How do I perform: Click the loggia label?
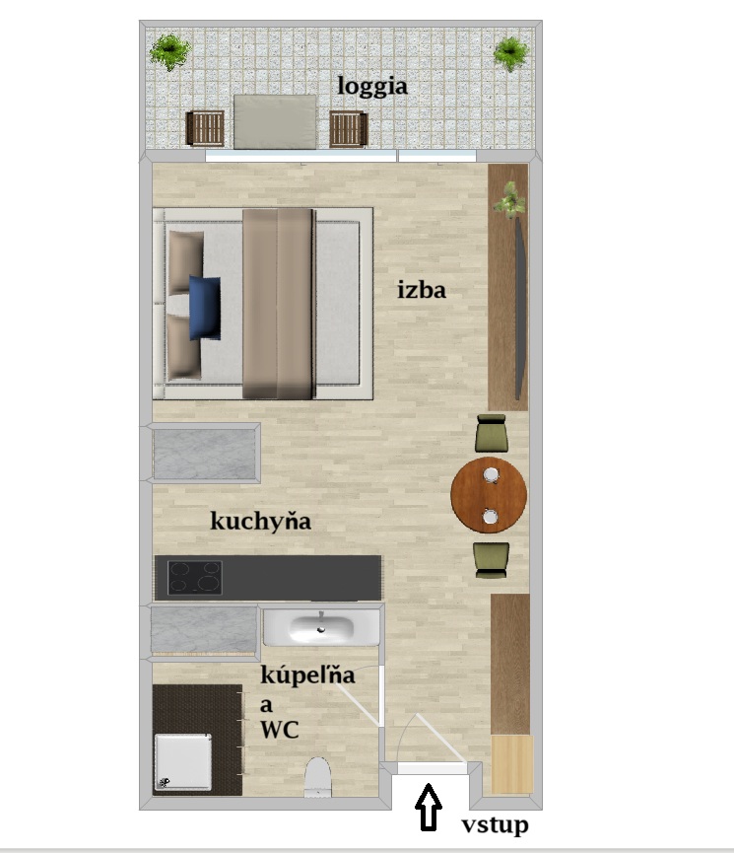pyautogui.click(x=372, y=87)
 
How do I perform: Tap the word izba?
pyautogui.click(x=422, y=289)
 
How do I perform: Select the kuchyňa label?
pyautogui.click(x=260, y=521)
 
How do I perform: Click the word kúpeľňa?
pyautogui.click(x=307, y=675)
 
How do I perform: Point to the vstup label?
pyautogui.click(x=495, y=825)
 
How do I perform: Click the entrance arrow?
pyautogui.click(x=429, y=808)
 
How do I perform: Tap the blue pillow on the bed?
pyautogui.click(x=205, y=308)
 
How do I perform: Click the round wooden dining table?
pyautogui.click(x=489, y=494)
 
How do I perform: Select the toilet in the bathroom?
pyautogui.click(x=317, y=777)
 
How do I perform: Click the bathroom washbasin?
pyautogui.click(x=321, y=627)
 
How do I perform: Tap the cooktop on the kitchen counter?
pyautogui.click(x=195, y=577)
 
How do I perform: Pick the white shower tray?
pyautogui.click(x=183, y=761)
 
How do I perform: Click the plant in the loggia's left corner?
pyautogui.click(x=170, y=51)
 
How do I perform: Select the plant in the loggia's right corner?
pyautogui.click(x=510, y=53)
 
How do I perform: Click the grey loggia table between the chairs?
pyautogui.click(x=275, y=122)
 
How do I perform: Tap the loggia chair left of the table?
pyautogui.click(x=205, y=128)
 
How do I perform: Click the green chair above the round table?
pyautogui.click(x=492, y=433)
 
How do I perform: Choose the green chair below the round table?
pyautogui.click(x=492, y=560)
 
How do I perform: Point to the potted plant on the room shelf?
pyautogui.click(x=510, y=200)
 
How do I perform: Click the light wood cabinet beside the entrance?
pyautogui.click(x=512, y=764)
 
